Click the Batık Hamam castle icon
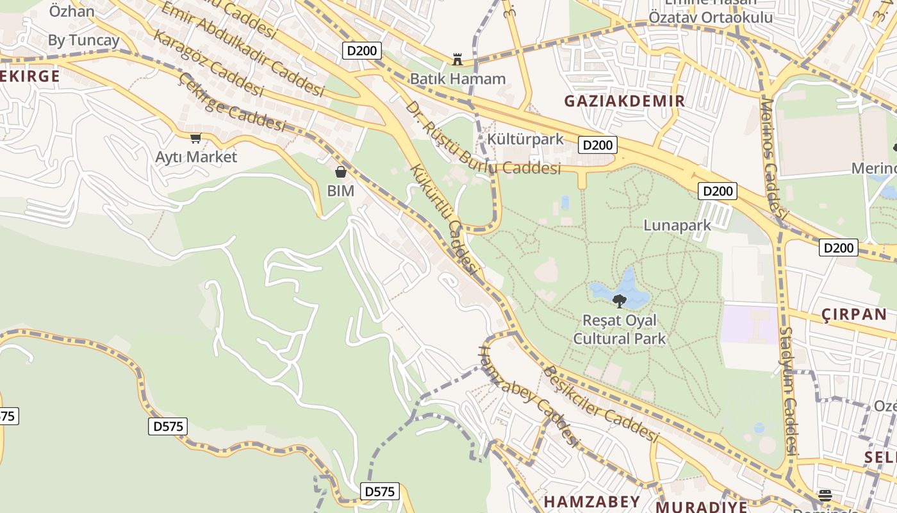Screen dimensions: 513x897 [x=457, y=60]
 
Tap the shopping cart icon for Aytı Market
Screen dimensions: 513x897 [x=196, y=138]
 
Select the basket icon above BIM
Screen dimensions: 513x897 [x=341, y=172]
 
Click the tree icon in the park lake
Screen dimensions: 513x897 [x=619, y=300]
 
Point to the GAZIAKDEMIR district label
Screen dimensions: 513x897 [x=625, y=101]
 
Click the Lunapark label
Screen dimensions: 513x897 [x=677, y=225]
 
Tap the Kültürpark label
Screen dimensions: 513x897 [x=525, y=139]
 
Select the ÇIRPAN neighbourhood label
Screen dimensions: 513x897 [x=853, y=314]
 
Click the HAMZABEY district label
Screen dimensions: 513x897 [x=591, y=501]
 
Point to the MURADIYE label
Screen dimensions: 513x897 [x=702, y=507]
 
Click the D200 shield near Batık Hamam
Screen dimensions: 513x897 [x=362, y=51]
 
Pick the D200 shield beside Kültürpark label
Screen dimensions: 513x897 [x=598, y=145]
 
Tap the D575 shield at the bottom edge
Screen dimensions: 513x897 [x=379, y=491]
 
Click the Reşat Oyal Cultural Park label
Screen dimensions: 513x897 [x=620, y=329]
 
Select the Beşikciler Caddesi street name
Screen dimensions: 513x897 [x=600, y=404]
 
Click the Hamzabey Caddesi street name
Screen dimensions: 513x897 [x=529, y=396]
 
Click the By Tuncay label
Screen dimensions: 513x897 [x=83, y=40]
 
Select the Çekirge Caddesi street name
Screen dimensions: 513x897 [x=232, y=103]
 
